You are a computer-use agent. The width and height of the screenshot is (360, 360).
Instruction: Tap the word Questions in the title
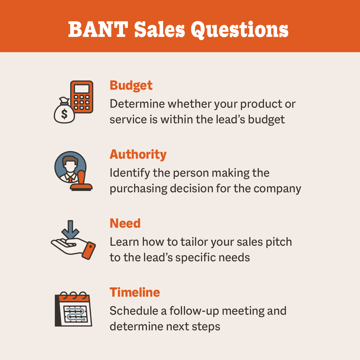click(239, 30)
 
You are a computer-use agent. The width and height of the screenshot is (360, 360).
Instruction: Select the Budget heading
click(131, 85)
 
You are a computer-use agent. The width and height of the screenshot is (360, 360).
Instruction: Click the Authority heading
click(138, 154)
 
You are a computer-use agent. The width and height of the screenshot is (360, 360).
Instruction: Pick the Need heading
click(125, 223)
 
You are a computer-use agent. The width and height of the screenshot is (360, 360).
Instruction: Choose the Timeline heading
click(135, 292)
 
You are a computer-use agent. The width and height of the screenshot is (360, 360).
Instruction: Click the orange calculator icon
click(82, 97)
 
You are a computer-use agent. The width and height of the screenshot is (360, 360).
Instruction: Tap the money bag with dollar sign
click(64, 112)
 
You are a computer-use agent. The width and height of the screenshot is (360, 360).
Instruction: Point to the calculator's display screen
click(82, 89)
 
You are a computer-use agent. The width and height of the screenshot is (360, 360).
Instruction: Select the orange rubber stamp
click(81, 182)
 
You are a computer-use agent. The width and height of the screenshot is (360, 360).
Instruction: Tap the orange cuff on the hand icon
click(89, 250)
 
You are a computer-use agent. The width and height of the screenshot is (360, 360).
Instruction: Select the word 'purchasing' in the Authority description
click(138, 189)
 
